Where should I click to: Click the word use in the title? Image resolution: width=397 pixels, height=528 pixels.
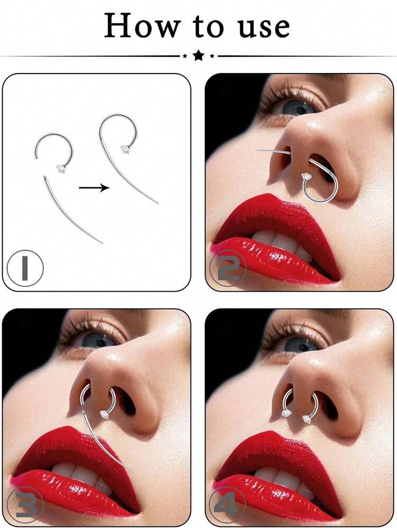coord(264,27)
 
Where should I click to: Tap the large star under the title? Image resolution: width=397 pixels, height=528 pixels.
coord(198,54)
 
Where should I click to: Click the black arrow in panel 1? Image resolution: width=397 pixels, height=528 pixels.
coord(94,188)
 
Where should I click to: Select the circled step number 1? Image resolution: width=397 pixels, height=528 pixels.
coord(25,268)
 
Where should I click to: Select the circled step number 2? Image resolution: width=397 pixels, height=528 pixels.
coord(228,268)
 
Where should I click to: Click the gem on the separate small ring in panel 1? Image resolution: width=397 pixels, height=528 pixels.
coord(61,169)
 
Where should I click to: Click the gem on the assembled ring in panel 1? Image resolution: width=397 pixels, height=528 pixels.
coord(125,149)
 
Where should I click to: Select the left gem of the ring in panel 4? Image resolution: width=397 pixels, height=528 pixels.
coord(285,413)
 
